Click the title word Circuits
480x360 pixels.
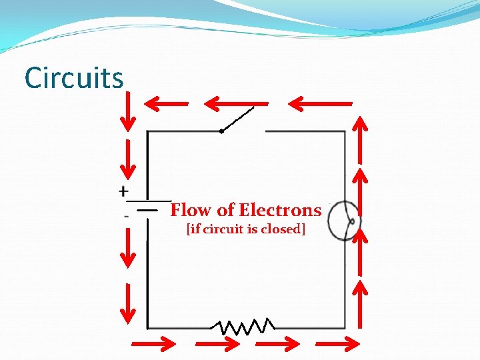pyautogui.click(x=74, y=78)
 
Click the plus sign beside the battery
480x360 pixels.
pyautogui.click(x=124, y=191)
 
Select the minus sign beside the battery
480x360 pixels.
pyautogui.click(x=126, y=215)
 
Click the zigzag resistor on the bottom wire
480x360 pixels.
pyautogui.click(x=243, y=327)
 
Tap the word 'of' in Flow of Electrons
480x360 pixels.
pyautogui.click(x=225, y=211)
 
